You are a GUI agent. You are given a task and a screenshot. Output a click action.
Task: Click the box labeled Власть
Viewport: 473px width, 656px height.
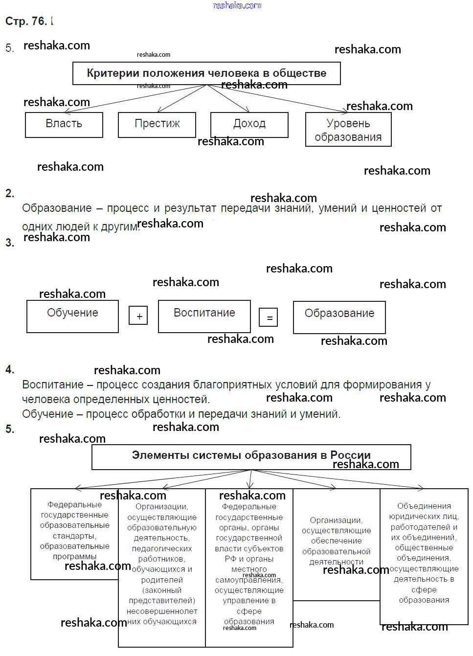(64, 124)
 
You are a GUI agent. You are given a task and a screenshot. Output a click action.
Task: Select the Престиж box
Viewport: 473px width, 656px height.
(157, 124)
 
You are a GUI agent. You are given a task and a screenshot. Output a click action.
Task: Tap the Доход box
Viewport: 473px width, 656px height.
(249, 124)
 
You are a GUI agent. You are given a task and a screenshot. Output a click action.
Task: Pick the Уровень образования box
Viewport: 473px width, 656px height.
(348, 130)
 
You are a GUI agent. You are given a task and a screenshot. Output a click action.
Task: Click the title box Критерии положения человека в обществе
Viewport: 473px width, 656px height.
(206, 73)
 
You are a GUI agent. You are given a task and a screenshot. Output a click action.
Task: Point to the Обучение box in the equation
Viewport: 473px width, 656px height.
(72, 316)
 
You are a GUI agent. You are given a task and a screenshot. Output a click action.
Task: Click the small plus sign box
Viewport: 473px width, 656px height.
(138, 316)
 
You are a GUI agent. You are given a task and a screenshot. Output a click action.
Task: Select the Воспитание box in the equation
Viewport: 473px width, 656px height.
(204, 316)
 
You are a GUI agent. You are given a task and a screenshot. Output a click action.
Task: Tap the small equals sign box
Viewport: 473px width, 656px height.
(269, 317)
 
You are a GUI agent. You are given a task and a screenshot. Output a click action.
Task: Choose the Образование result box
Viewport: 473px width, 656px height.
(339, 317)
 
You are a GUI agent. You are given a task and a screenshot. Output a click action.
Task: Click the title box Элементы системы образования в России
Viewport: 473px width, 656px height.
(251, 456)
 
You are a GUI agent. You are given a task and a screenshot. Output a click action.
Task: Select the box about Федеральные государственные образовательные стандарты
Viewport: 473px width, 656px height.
(74, 533)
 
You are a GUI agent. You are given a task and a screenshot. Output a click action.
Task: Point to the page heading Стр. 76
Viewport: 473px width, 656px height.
(26, 21)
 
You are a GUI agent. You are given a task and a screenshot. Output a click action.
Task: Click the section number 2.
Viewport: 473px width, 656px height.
(10, 193)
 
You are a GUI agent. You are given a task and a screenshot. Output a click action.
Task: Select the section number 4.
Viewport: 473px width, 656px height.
(10, 370)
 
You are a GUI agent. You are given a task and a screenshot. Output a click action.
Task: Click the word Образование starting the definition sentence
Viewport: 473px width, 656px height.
(57, 208)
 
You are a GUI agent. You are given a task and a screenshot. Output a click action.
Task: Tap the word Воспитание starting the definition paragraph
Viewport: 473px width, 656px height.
(53, 385)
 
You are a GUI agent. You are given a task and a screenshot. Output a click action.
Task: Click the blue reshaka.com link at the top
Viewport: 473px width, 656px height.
(237, 5)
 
